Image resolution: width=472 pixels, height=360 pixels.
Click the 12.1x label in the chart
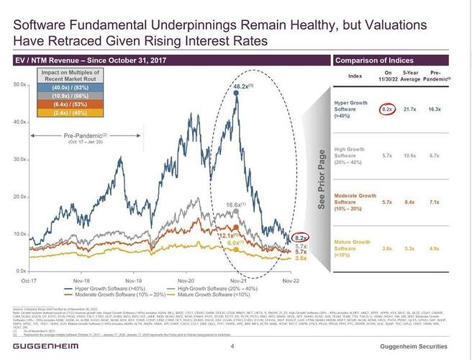[228, 236]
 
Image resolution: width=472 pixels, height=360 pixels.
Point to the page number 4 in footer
[232, 346]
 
